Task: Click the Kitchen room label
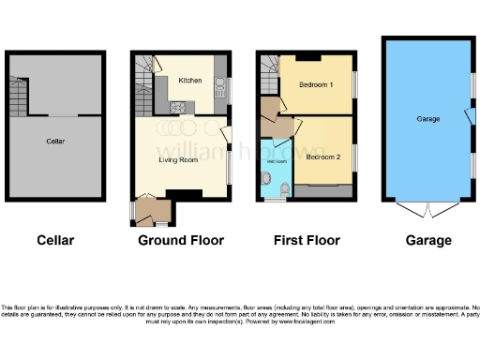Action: click(x=190, y=81)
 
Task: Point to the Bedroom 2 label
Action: click(x=322, y=157)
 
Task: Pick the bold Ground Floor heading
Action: click(x=181, y=240)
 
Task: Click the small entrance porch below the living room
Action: click(x=149, y=211)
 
